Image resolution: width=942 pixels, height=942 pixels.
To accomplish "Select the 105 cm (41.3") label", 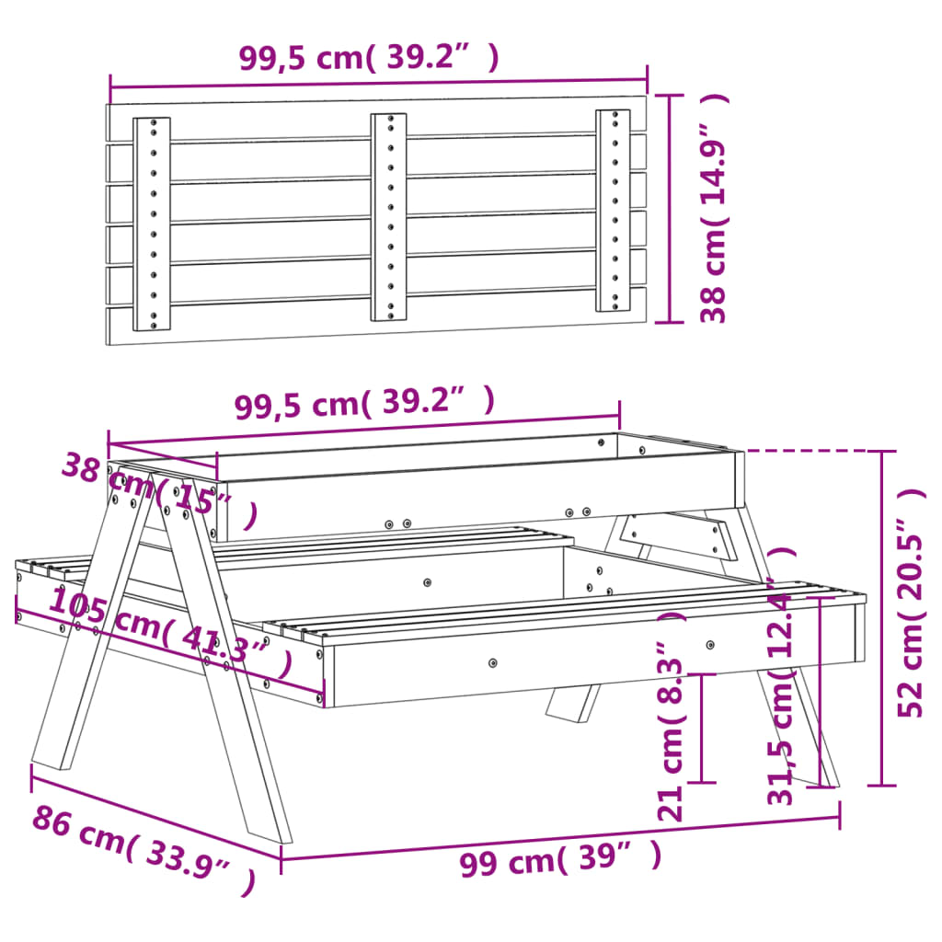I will point(170,634).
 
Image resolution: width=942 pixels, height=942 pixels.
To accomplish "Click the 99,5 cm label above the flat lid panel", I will point(369,57).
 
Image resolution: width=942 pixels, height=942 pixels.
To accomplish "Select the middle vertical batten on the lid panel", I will point(389,217).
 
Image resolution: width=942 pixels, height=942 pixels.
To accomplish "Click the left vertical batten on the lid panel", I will point(153,224).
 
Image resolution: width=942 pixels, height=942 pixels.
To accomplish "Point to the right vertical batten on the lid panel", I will point(613,211).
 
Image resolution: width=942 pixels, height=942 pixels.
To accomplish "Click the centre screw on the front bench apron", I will point(493,662).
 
